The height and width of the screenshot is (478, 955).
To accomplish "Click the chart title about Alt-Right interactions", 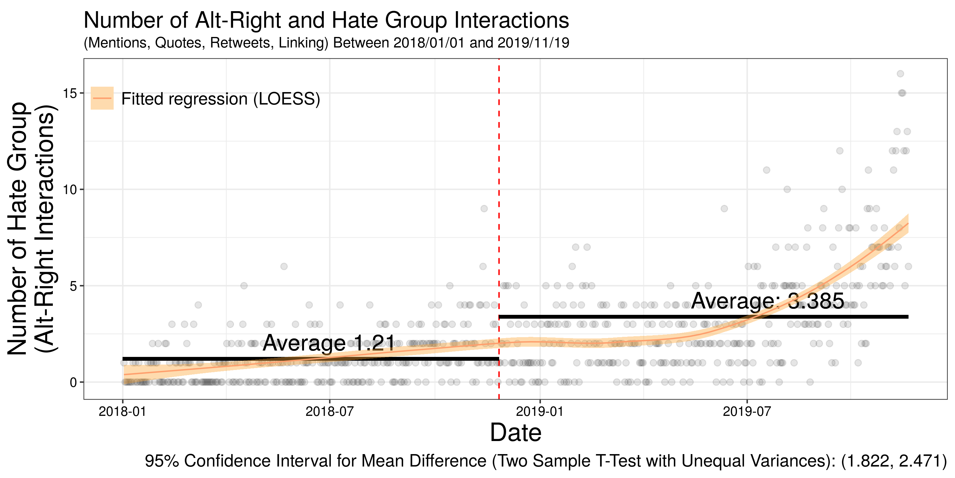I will pos(326,20).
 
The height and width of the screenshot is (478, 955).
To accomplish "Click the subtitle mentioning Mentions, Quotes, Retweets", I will pos(326,43).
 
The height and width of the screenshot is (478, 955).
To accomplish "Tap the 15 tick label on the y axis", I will pos(69,93).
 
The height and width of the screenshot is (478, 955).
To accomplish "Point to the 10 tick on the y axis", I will pos(69,190).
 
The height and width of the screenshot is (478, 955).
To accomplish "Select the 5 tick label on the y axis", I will pos(73,286).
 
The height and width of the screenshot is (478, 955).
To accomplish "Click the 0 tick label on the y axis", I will pos(73,382).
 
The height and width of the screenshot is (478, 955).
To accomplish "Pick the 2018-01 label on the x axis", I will pos(123,411).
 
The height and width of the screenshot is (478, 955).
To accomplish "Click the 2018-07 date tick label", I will pos(329,411).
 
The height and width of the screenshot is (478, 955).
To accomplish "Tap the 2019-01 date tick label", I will pos(540,411).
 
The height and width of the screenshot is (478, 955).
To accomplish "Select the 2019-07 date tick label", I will pos(746,411).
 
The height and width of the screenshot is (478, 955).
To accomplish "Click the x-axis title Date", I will pos(515,433).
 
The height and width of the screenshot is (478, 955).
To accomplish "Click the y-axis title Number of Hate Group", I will pos(18,228).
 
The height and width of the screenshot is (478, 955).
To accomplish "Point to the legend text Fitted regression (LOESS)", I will pos(221,99).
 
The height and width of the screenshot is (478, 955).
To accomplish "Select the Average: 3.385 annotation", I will pos(768,301).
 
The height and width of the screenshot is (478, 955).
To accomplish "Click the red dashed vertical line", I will pos(499,185).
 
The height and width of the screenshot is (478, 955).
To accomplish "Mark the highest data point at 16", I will pos(900,74).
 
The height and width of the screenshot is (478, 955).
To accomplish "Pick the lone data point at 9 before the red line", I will pos(484,209).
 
